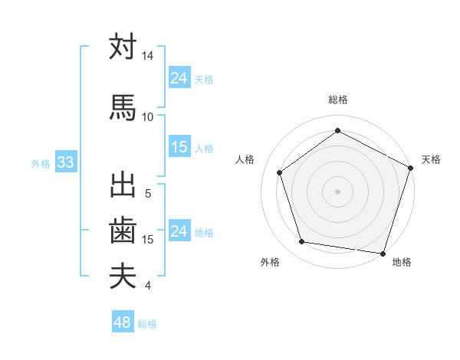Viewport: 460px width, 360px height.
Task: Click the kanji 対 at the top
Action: click(123, 47)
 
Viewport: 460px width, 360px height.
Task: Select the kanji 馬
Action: click(123, 107)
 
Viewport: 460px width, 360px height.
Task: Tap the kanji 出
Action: click(123, 185)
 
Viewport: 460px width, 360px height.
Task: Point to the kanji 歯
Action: click(123, 230)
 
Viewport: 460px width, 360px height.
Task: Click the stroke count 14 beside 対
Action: click(147, 57)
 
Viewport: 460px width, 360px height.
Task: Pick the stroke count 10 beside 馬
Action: click(147, 116)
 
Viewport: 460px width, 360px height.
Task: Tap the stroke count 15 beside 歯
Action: click(148, 240)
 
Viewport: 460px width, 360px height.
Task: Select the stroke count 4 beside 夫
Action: click(147, 286)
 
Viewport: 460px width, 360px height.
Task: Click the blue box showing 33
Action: click(64, 163)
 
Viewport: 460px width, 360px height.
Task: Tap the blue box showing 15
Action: click(179, 148)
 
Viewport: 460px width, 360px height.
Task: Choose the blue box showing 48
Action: click(122, 322)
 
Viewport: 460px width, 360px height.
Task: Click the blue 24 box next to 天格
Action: click(179, 78)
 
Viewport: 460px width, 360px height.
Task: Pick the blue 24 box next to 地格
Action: click(179, 231)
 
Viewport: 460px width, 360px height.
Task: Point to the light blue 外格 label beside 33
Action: click(41, 164)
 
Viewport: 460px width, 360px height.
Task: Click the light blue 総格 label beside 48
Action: click(147, 324)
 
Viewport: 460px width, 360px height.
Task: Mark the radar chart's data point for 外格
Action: click(302, 242)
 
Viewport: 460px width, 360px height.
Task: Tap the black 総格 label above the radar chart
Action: click(337, 100)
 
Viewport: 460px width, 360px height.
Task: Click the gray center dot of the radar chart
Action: click(337, 191)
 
